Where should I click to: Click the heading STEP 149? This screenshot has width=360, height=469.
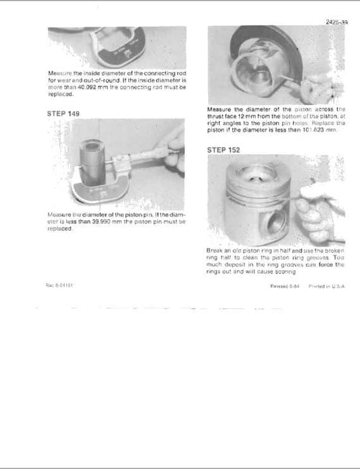(x=63, y=113)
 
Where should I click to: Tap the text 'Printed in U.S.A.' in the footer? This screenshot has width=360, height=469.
(x=323, y=285)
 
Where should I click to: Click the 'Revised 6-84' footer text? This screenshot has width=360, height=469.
(x=281, y=285)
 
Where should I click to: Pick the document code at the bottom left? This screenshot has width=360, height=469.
(x=60, y=284)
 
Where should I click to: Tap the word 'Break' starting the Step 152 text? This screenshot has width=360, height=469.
(x=216, y=250)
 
